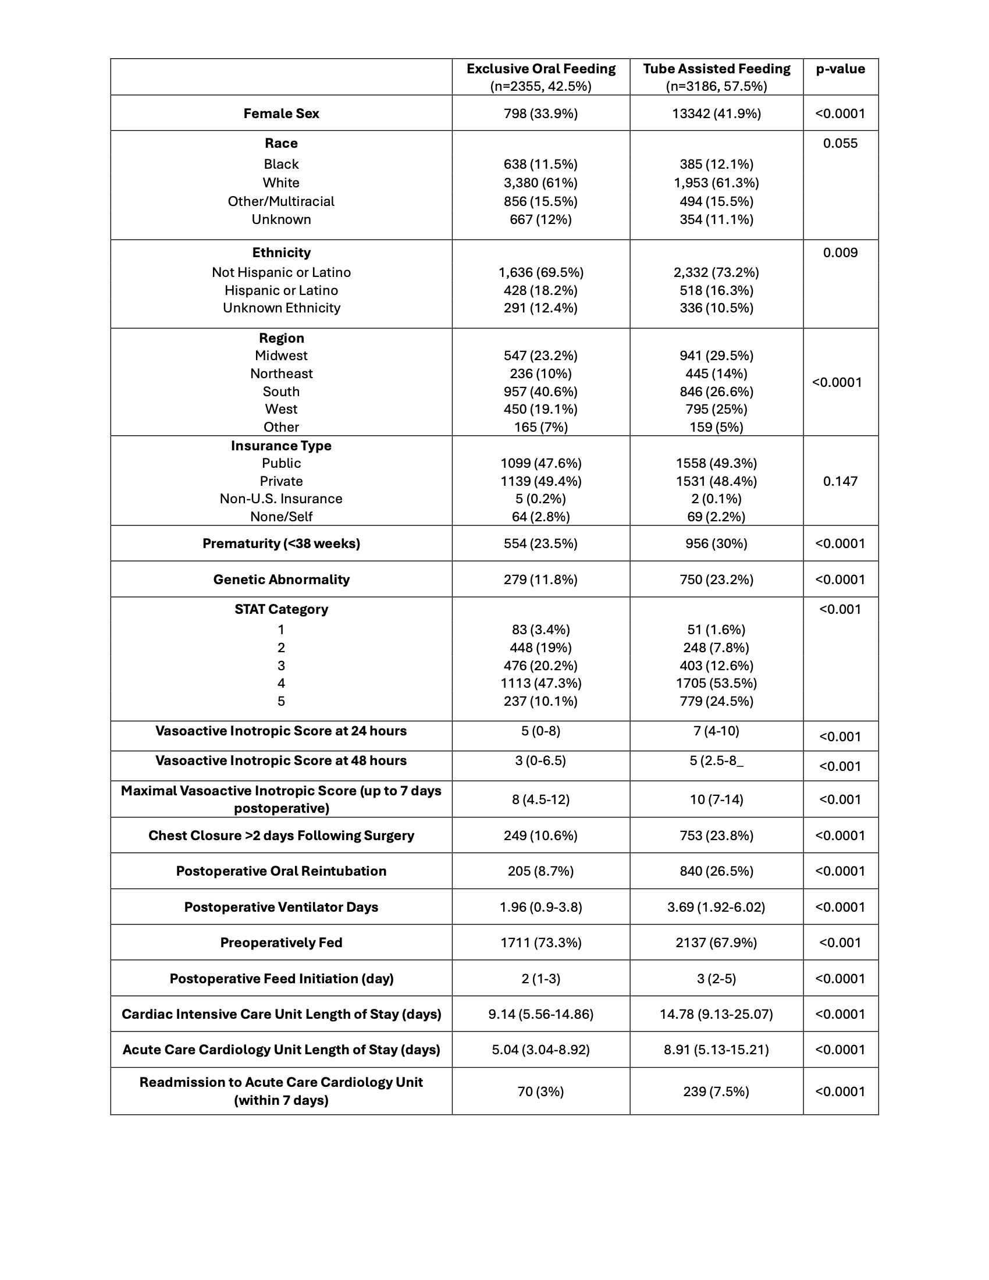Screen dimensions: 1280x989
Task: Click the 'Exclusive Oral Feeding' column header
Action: (x=541, y=69)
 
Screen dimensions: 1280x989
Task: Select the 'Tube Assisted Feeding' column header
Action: (x=716, y=69)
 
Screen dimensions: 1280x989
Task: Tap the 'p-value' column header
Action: (x=840, y=69)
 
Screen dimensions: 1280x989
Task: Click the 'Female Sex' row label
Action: (x=281, y=113)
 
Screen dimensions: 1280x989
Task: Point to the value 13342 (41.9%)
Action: (x=716, y=113)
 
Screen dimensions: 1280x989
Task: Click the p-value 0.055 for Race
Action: (x=840, y=144)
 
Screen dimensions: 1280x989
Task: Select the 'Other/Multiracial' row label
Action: (x=281, y=202)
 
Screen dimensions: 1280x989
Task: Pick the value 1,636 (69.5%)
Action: (x=541, y=272)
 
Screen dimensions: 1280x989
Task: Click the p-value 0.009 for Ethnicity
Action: (x=840, y=253)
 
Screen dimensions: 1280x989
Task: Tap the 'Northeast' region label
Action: (x=281, y=374)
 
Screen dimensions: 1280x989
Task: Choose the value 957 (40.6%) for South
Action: (x=541, y=392)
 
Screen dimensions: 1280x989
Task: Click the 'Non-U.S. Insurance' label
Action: (x=281, y=499)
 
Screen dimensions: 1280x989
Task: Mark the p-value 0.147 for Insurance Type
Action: (x=840, y=481)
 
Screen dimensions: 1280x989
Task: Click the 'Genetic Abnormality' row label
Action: (x=281, y=579)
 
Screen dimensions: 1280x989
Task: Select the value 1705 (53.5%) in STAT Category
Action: (x=716, y=684)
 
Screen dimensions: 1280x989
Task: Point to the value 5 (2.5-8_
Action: (x=716, y=761)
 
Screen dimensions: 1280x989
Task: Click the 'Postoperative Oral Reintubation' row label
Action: (x=281, y=871)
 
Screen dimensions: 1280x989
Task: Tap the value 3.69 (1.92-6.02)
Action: (x=716, y=907)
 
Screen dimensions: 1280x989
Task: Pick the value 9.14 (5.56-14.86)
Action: (x=541, y=1015)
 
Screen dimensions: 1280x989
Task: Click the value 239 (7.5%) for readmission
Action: (x=716, y=1092)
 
